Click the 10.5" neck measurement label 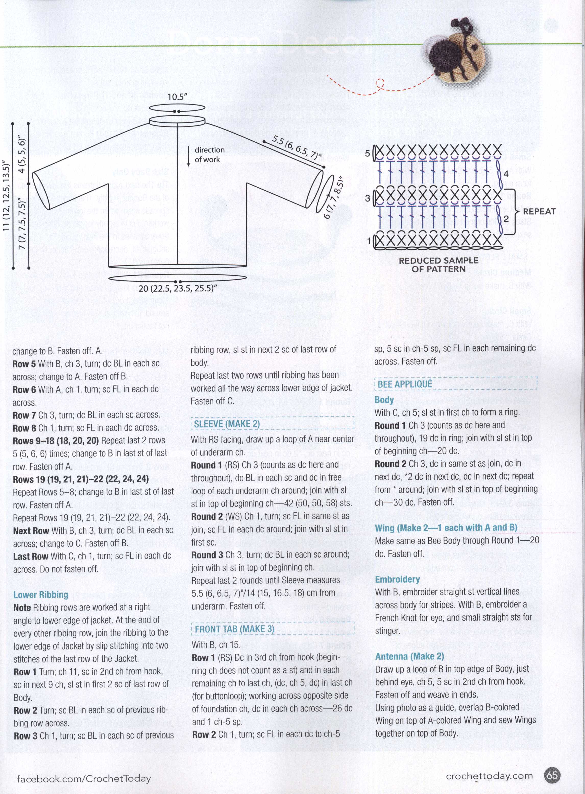coord(177,97)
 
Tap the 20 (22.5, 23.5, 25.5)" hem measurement coord(177,288)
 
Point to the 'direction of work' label coord(209,155)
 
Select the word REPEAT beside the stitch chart coord(539,211)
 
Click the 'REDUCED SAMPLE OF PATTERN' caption coord(438,264)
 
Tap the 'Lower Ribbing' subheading coord(41,594)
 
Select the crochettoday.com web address coord(489,776)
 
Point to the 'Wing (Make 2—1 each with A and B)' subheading coord(446,528)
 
